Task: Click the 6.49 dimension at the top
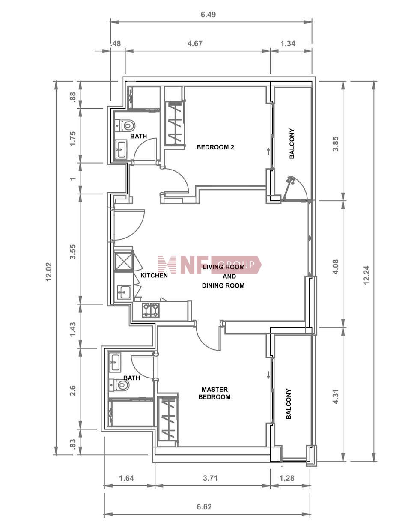209,14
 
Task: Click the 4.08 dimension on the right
336,267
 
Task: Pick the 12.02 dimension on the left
48,272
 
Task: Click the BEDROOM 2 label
215,147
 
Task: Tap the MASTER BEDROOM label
214,393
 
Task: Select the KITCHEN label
154,275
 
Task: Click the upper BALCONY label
292,143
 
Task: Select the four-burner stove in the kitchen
151,310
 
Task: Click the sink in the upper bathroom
121,149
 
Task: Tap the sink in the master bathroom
115,362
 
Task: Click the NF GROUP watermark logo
209,265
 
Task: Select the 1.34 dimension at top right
288,43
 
